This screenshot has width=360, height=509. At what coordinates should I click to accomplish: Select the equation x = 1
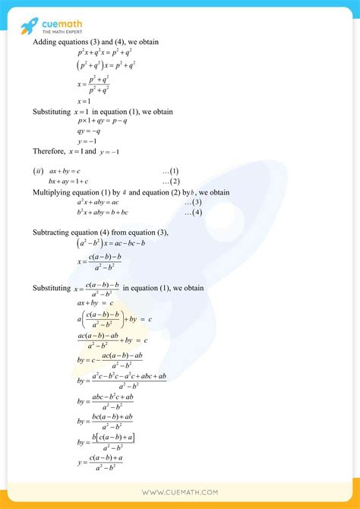pos(84,101)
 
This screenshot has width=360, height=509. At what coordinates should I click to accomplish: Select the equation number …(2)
pos(171,182)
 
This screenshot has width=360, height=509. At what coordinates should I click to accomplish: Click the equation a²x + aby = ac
pos(98,202)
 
